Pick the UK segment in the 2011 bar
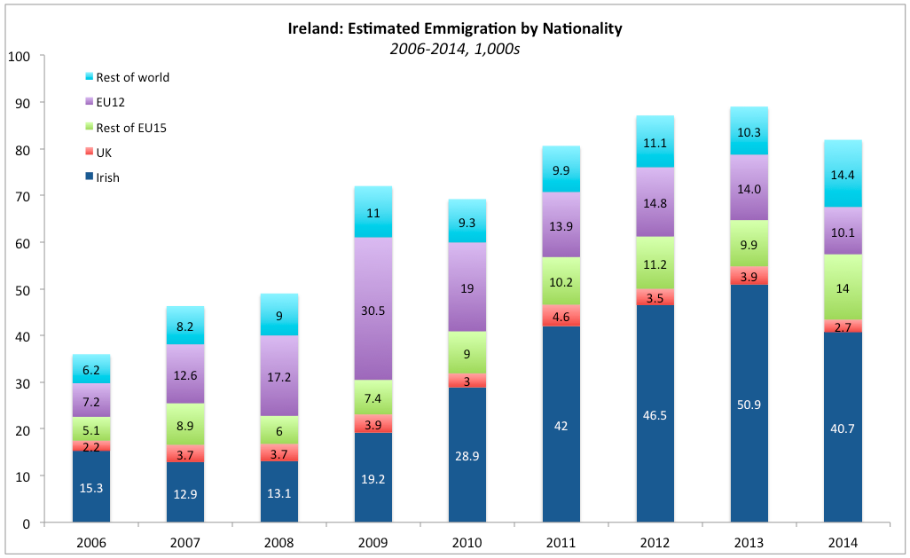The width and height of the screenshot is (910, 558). tap(561, 316)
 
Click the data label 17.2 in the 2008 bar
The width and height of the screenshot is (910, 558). tap(279, 376)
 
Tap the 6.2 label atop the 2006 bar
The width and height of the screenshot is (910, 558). tap(91, 369)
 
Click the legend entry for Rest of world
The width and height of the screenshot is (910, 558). tap(132, 77)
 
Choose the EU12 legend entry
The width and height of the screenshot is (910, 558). tap(111, 102)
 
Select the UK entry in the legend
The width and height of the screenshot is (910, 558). tap(106, 153)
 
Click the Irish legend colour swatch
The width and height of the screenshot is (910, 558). tap(89, 177)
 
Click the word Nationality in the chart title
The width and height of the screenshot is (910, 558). tap(574, 28)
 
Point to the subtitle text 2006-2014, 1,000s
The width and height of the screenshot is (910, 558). tap(454, 49)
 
